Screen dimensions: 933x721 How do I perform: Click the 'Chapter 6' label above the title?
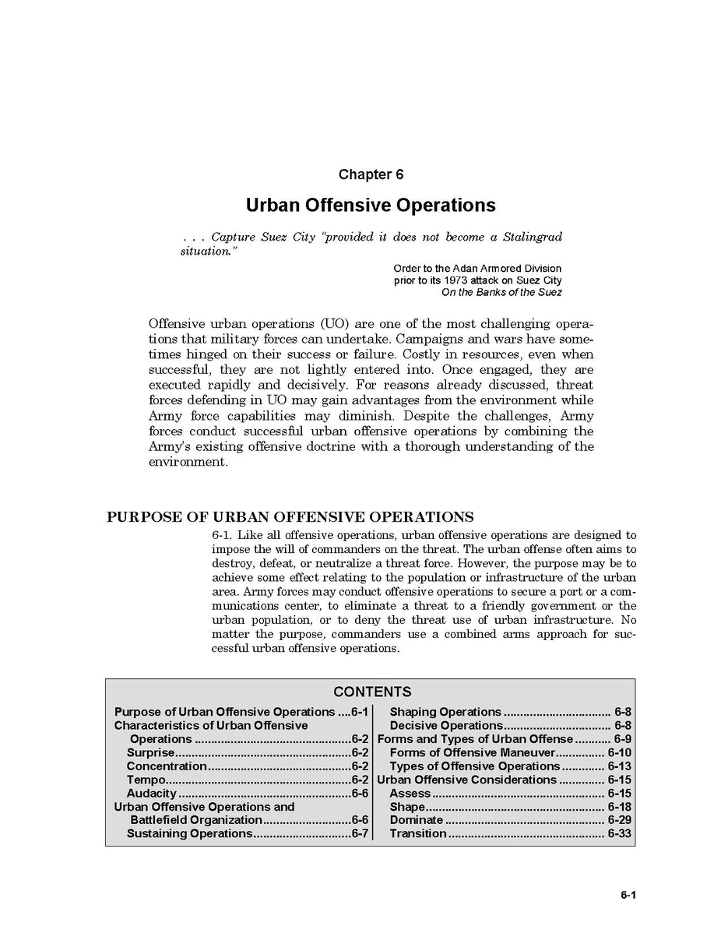[x=371, y=174]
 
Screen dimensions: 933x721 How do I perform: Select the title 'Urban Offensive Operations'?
[x=371, y=205]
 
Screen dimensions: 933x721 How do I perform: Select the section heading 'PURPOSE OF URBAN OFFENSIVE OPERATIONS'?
[x=290, y=517]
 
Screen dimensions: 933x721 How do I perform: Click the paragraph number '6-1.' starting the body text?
[x=223, y=535]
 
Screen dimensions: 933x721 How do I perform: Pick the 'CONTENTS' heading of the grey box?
[x=372, y=692]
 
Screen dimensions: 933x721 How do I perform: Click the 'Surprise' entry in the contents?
[x=150, y=752]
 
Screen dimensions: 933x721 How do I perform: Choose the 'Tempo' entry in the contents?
[x=146, y=780]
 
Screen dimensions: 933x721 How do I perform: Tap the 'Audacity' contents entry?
[x=152, y=793]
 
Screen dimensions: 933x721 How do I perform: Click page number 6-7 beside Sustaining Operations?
[x=359, y=833]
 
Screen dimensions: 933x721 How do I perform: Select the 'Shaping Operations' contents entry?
[x=445, y=712]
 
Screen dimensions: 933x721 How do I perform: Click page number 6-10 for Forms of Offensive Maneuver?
[x=619, y=752]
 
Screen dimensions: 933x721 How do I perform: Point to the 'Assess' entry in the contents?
[x=410, y=793]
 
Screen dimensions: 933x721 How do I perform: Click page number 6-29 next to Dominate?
[x=619, y=820]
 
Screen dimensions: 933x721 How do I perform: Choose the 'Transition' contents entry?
[x=418, y=833]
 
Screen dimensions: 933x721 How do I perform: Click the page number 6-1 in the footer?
[x=628, y=895]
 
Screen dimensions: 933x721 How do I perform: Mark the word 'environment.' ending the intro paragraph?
[x=188, y=462]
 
